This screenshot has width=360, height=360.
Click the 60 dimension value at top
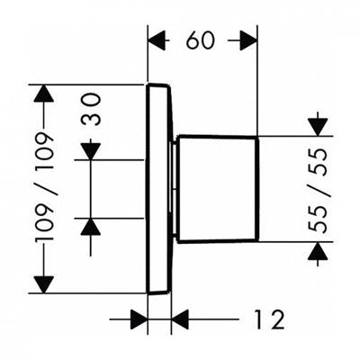click(x=200, y=40)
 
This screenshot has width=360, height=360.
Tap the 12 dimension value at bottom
click(x=269, y=319)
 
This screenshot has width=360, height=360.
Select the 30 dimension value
click(x=91, y=109)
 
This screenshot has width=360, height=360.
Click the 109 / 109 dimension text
click(x=44, y=187)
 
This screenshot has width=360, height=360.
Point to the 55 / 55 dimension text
click(x=318, y=190)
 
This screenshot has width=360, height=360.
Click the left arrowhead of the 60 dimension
click(x=157, y=40)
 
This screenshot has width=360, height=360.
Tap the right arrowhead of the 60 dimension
click(x=248, y=40)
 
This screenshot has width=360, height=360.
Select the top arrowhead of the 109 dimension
click(x=44, y=94)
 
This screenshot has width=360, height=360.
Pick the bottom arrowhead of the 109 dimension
click(x=44, y=284)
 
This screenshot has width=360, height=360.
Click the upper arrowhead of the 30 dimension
click(x=91, y=151)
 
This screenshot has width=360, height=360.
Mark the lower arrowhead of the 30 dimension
click(x=91, y=227)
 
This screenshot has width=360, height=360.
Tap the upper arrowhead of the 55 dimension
click(x=318, y=127)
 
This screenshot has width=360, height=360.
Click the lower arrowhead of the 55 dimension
click(x=318, y=251)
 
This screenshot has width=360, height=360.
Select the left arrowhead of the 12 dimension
click(x=139, y=319)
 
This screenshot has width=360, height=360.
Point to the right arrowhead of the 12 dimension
click(x=180, y=319)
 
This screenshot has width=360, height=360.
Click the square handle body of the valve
click(x=218, y=189)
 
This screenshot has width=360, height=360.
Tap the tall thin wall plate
click(x=159, y=188)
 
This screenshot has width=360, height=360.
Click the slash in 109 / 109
click(x=44, y=187)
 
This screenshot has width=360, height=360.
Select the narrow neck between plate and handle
click(x=175, y=189)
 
